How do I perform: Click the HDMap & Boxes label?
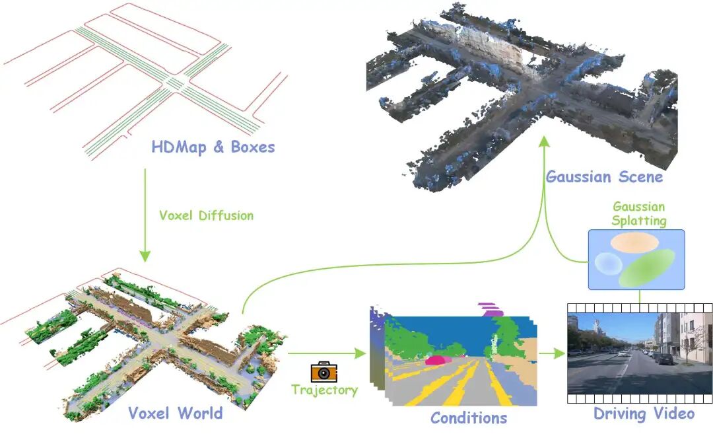tap(213, 147)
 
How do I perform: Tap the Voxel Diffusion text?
tap(206, 215)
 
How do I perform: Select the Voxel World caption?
tap(175, 414)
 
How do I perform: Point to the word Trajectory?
tap(324, 390)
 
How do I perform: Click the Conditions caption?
tap(469, 418)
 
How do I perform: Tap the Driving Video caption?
tap(644, 414)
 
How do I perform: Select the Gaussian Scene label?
tap(604, 177)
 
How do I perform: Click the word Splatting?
tap(638, 220)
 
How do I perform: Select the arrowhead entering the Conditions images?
tap(360, 353)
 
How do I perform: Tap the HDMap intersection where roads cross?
tap(174, 83)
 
